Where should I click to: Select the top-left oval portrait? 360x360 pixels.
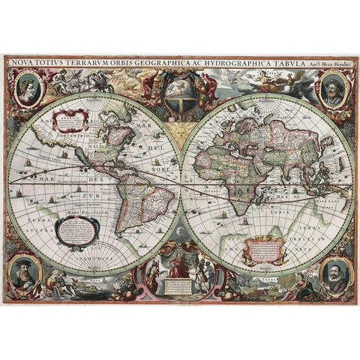point(28,88)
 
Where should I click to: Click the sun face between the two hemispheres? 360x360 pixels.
point(180,132)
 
